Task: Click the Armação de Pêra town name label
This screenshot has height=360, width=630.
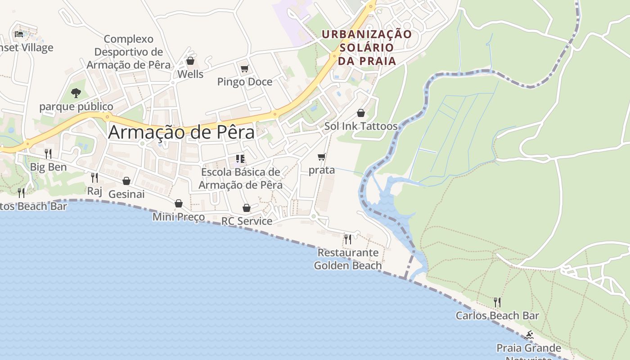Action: coord(181,132)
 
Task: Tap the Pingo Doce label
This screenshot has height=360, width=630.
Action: coord(245,82)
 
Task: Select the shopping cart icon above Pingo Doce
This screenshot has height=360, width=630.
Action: coord(244,69)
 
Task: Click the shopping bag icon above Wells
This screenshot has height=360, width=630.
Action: coord(190,61)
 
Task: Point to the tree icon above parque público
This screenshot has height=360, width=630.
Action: coord(76,93)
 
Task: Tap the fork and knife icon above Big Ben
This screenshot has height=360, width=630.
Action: coord(48,154)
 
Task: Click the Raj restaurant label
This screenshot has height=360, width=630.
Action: coord(94,191)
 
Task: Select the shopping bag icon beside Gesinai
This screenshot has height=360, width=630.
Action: coord(126,181)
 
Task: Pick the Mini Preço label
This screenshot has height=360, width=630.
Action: coord(179,217)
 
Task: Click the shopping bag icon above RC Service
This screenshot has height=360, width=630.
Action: coord(246,208)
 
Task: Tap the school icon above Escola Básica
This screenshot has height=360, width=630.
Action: coord(240,158)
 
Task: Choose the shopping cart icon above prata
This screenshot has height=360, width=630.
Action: coord(321,157)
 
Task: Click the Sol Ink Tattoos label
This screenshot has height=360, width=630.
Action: coord(361,126)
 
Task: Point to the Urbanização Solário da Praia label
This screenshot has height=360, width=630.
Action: coord(367,47)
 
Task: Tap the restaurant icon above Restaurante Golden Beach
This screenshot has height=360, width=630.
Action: coord(347,239)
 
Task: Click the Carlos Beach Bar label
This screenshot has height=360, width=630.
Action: coord(497,315)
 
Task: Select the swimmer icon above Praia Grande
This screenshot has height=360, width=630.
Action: coord(529,335)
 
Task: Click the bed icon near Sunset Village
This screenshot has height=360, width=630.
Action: coord(19,34)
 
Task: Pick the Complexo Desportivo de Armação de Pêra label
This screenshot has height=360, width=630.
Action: coord(129,52)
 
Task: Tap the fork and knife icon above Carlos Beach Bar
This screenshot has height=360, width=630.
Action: coord(497,302)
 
